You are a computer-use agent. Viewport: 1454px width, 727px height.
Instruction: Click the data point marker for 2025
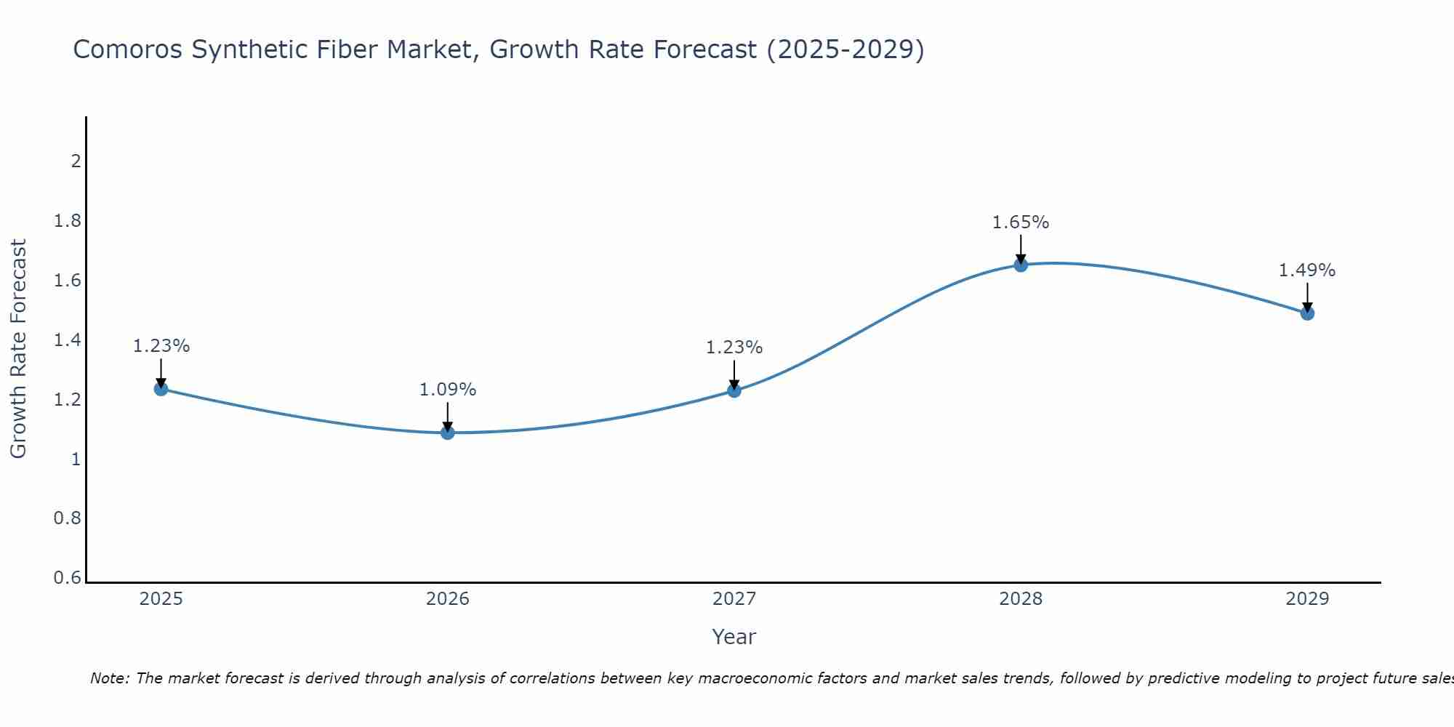coord(161,389)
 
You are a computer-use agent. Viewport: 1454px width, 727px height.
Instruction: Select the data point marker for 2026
coord(448,433)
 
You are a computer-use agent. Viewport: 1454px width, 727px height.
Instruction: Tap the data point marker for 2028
coord(1021,265)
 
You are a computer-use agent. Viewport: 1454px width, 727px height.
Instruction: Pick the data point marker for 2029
coord(1307,313)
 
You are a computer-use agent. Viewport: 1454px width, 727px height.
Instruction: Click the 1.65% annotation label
coord(1021,222)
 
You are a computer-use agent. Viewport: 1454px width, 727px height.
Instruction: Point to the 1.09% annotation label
coord(448,390)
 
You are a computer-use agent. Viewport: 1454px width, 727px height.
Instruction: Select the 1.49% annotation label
coord(1307,270)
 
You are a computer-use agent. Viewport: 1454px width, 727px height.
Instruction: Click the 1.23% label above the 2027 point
coord(734,348)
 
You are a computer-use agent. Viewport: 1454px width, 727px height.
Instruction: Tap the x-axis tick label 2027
coord(734,599)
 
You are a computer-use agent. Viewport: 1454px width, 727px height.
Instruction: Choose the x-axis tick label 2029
coord(1307,599)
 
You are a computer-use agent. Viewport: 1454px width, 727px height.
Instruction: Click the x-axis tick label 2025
coord(161,599)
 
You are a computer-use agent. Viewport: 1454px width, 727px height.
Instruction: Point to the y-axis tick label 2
coord(76,161)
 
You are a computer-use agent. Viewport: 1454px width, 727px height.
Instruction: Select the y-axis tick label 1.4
coord(68,340)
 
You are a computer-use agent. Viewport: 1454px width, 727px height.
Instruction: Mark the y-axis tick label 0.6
coord(68,578)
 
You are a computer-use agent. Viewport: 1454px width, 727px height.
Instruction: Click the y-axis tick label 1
coord(76,459)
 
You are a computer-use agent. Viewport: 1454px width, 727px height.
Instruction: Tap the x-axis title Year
coord(734,637)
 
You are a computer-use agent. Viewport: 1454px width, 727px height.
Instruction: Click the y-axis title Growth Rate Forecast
coord(18,349)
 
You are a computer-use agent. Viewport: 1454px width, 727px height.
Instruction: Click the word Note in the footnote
coord(109,678)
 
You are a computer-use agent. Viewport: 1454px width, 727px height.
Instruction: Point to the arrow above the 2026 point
coord(448,417)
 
